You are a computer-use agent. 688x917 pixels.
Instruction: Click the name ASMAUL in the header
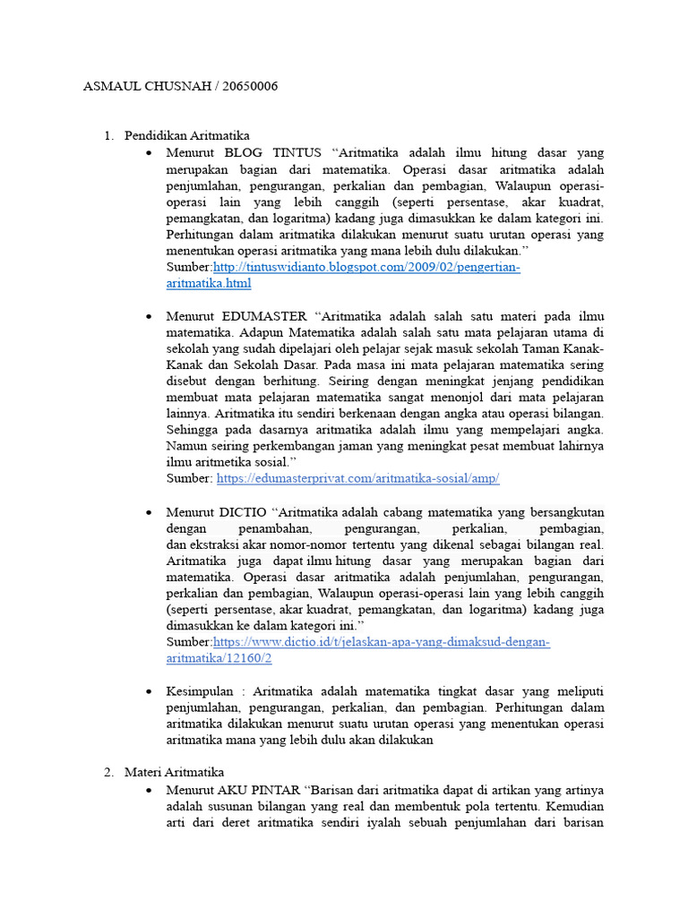point(110,87)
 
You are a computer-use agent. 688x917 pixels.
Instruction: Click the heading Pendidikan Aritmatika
point(186,136)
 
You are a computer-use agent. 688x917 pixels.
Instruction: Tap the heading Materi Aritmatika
point(174,772)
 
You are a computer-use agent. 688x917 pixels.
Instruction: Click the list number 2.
point(107,772)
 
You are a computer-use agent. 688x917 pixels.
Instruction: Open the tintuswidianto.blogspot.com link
point(366,268)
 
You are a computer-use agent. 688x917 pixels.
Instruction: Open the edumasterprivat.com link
point(357,479)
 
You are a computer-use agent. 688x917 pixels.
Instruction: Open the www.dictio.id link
point(381,643)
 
